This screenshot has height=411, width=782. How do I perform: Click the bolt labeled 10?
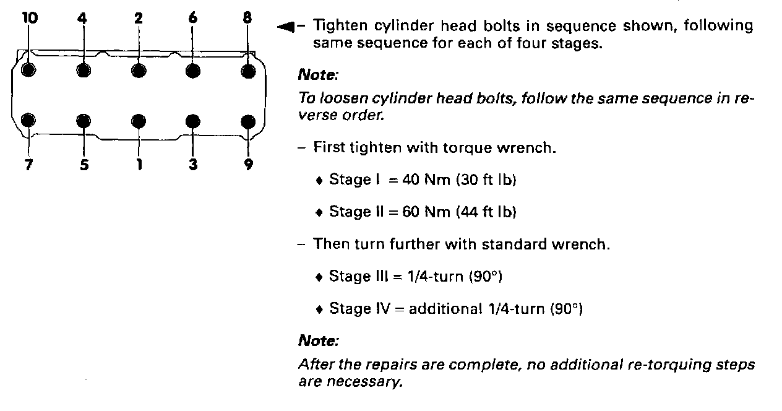pyautogui.click(x=28, y=69)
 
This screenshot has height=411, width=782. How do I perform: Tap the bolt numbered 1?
pyautogui.click(x=139, y=120)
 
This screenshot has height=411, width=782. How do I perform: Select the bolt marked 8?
pyautogui.click(x=248, y=71)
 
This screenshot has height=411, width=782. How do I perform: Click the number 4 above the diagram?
pyautogui.click(x=83, y=18)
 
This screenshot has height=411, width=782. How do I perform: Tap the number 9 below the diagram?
pyautogui.click(x=248, y=166)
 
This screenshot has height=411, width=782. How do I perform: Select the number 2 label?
pyautogui.click(x=138, y=18)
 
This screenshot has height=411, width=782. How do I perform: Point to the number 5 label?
pyautogui.click(x=84, y=166)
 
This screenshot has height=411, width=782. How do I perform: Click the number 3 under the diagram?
pyautogui.click(x=193, y=166)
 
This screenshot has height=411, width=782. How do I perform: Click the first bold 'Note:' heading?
pyautogui.click(x=318, y=76)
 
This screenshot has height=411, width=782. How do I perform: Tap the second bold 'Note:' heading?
pyautogui.click(x=318, y=341)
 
